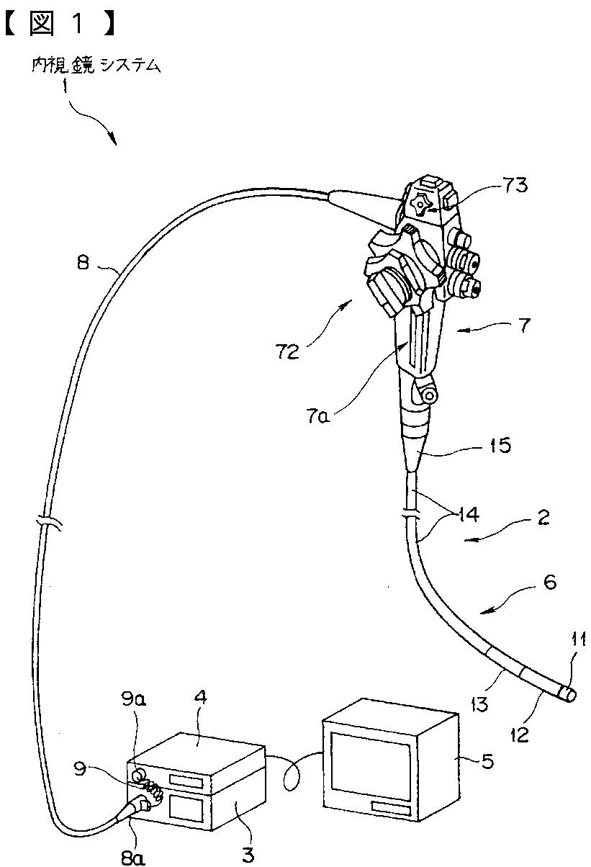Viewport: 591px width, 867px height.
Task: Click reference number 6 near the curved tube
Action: click(x=549, y=582)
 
